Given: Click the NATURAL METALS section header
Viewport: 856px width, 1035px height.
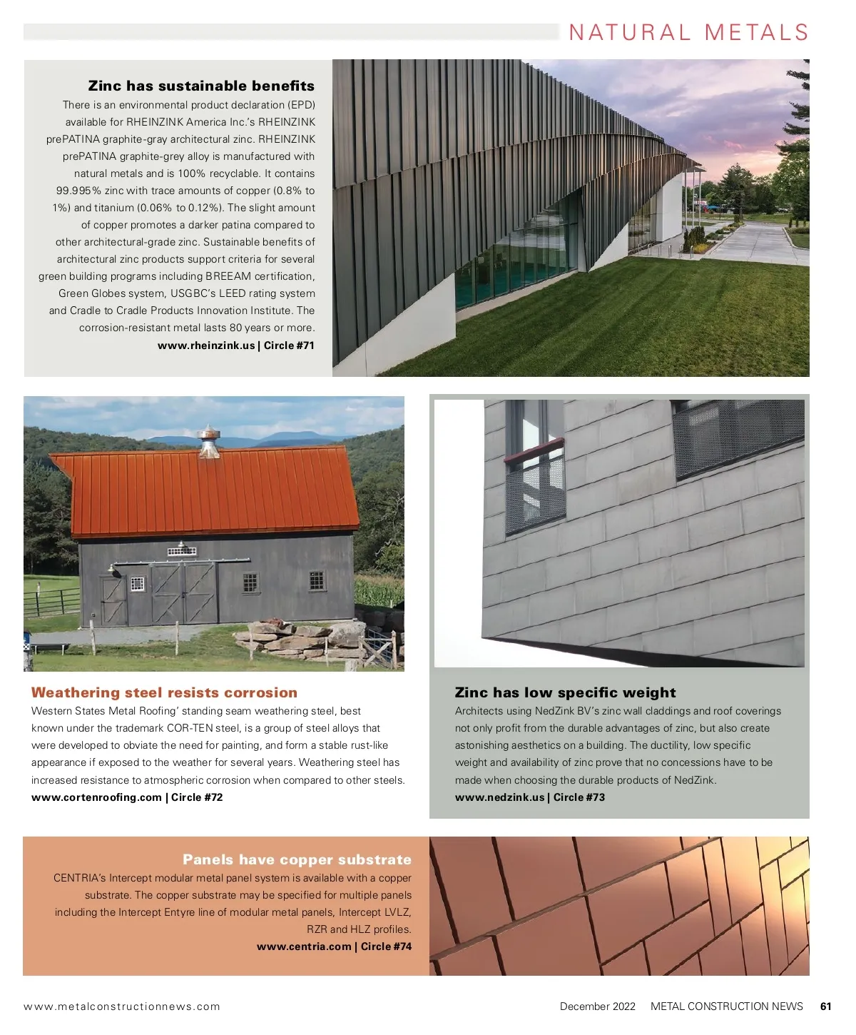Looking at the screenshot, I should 688,33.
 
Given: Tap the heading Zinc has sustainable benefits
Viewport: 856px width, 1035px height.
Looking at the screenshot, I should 201,86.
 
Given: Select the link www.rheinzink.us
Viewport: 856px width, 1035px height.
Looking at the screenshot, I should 205,345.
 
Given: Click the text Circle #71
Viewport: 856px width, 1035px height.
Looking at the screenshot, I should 289,345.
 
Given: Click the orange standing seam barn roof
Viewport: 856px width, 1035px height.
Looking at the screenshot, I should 214,493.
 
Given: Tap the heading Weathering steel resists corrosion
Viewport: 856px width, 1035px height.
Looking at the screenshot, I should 164,692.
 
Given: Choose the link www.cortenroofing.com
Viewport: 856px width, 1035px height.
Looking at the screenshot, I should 96,797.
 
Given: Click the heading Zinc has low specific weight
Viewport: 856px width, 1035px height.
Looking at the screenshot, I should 565,692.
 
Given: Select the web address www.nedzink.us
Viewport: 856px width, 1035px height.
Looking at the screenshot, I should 499,797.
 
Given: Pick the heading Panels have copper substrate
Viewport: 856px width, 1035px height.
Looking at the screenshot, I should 297,859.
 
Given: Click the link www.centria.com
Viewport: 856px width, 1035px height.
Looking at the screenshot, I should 304,946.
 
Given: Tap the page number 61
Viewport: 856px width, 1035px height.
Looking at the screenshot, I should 826,1006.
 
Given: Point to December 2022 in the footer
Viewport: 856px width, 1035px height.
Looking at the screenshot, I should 597,1006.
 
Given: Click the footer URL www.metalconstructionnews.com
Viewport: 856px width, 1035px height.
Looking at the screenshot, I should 122,1006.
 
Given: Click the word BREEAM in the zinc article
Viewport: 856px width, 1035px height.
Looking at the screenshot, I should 228,276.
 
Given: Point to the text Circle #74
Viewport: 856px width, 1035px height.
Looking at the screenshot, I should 386,946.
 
